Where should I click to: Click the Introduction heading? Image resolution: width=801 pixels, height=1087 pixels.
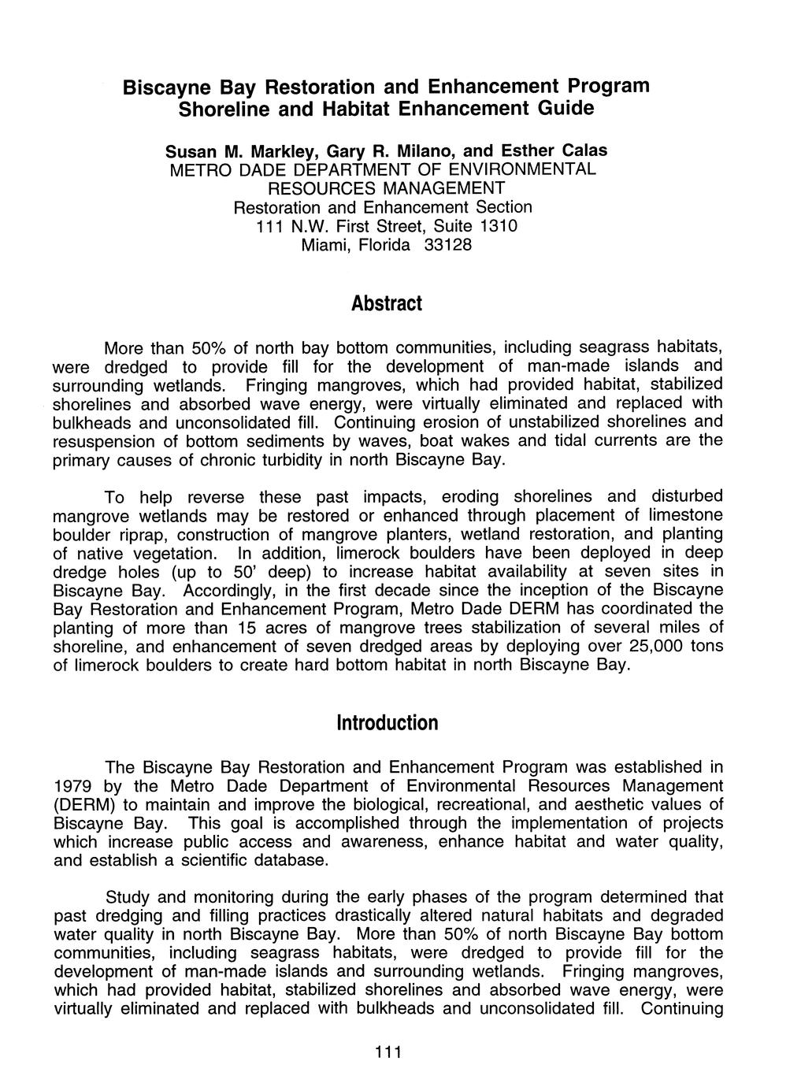(x=387, y=722)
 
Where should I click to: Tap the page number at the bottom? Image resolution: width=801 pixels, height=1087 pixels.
(x=388, y=1052)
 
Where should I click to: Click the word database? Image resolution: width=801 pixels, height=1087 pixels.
(x=288, y=861)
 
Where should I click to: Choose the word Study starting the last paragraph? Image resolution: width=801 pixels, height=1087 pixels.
(x=128, y=897)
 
